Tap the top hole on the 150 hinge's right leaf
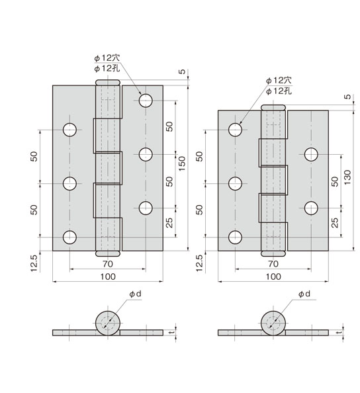coord(146,101)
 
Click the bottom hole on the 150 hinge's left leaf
coord(69,237)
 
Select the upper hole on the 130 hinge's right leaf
coord(311,155)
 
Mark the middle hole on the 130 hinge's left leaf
coord(234,183)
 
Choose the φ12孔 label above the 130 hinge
coord(277,91)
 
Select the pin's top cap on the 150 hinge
coord(108,83)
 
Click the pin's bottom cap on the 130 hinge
coord(273,254)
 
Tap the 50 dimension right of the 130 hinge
coord(334,181)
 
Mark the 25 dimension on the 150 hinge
coord(169,223)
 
